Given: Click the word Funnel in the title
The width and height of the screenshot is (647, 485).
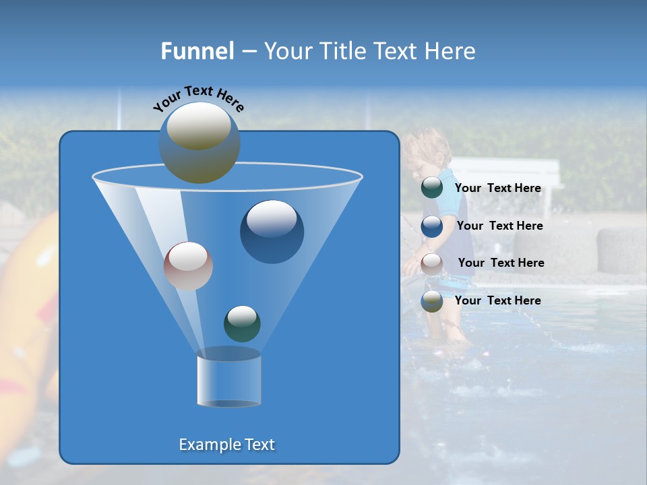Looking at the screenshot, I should tap(197, 51).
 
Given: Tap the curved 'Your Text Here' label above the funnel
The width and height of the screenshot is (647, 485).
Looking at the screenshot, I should tap(198, 98).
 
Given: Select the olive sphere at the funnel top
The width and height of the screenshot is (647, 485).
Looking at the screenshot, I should tap(199, 142).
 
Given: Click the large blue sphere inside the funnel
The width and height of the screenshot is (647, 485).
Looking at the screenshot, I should tap(272, 232).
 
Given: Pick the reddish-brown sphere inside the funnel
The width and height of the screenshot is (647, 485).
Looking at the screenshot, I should tap(189, 266).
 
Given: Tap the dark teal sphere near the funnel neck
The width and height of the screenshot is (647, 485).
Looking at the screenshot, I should tap(242, 323).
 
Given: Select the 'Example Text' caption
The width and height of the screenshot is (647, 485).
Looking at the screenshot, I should tap(227, 445).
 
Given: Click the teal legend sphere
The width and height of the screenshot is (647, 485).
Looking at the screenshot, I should tap(432, 188).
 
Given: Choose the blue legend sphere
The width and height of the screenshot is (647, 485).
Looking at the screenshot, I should tap(432, 226).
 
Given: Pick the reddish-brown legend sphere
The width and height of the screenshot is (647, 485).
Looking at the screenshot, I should tap(432, 263).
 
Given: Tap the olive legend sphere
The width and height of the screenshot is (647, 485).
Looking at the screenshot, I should tap(432, 301).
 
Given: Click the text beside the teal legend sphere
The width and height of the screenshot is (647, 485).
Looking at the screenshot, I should tap(498, 188).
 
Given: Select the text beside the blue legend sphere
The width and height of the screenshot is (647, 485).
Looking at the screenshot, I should tap(499, 226).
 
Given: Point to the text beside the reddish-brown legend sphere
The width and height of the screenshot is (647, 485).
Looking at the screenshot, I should tap(501, 263).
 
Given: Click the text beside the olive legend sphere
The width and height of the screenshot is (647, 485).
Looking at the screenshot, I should tap(498, 300).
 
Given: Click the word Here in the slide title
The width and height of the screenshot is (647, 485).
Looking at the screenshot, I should tap(450, 51).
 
